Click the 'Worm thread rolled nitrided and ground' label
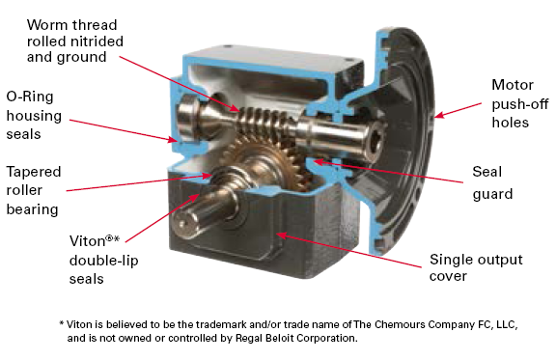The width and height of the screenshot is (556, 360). click(x=75, y=41)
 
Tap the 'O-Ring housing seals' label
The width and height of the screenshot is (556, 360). click(x=34, y=115)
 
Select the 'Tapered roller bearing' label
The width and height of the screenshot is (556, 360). click(x=34, y=190)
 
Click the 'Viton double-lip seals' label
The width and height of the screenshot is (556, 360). click(x=104, y=260)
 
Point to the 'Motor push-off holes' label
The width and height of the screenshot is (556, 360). click(x=520, y=103)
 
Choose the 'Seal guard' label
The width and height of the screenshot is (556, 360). click(x=492, y=183)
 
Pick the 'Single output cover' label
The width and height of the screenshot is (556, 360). click(x=476, y=267)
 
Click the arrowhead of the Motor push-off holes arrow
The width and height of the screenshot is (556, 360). click(x=439, y=115)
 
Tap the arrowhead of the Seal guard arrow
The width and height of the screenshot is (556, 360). click(x=318, y=162)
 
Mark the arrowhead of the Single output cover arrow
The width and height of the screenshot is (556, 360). click(x=281, y=235)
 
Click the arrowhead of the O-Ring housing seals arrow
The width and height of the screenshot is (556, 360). click(x=173, y=140)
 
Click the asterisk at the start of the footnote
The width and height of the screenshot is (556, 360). click(x=62, y=323)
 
